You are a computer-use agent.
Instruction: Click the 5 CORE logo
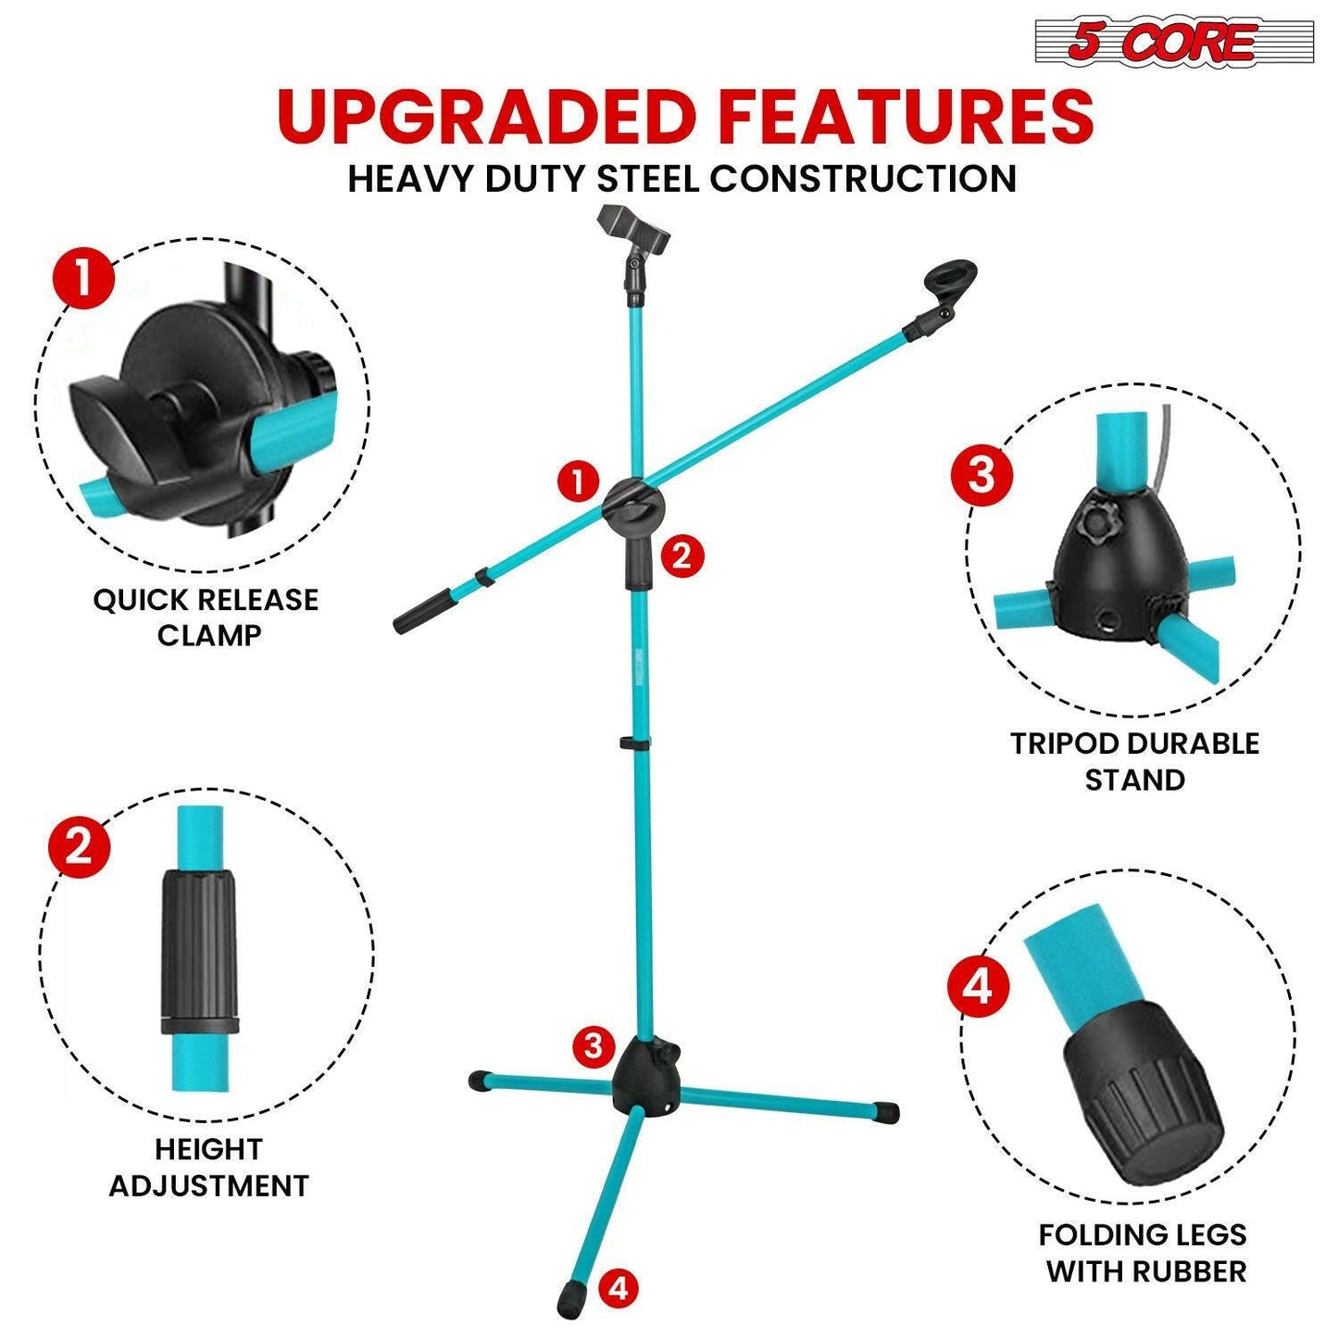(x=1173, y=42)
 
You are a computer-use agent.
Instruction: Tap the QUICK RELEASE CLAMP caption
(x=206, y=617)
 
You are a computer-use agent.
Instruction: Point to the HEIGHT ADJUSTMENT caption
(x=208, y=1167)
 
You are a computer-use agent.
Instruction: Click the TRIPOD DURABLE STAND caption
(x=1134, y=761)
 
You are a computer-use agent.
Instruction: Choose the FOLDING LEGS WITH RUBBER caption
(x=1143, y=1252)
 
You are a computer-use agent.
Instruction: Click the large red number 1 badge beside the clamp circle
(x=83, y=278)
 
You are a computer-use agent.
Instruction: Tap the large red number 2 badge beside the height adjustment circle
(x=79, y=845)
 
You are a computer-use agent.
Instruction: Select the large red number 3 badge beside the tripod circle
(x=982, y=475)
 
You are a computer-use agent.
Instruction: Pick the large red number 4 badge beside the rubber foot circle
(x=978, y=986)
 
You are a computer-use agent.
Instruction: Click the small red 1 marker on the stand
(x=579, y=481)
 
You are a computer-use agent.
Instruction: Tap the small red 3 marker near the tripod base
(x=594, y=1046)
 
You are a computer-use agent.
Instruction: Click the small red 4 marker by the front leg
(x=619, y=1288)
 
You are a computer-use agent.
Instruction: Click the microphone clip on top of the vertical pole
(x=633, y=231)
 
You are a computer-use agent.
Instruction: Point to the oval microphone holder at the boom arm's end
(x=951, y=280)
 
